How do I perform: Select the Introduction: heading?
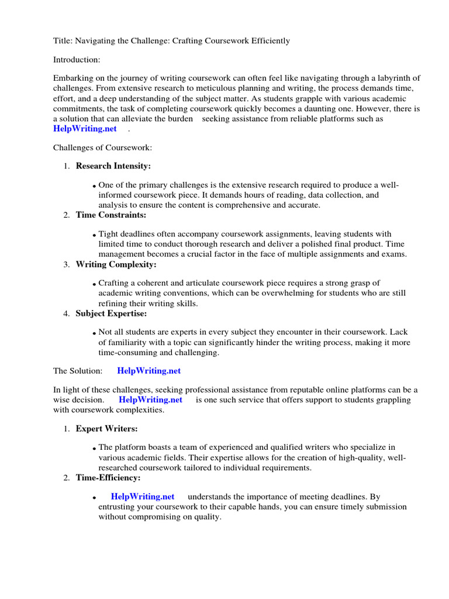[x=77, y=60]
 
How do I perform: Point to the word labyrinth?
[x=399, y=78]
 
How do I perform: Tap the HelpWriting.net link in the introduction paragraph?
[x=85, y=129]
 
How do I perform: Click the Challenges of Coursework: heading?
[x=102, y=147]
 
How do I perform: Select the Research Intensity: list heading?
[x=113, y=166]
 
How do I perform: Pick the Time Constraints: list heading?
[x=111, y=215]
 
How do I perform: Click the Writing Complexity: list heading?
[x=116, y=264]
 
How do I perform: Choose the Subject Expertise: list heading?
[x=111, y=314]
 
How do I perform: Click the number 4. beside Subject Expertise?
[x=67, y=314]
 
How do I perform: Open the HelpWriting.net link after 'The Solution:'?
[x=149, y=371]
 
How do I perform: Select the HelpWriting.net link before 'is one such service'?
[x=150, y=400]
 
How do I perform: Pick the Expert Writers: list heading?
[x=107, y=429]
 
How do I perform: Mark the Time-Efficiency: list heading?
[x=108, y=478]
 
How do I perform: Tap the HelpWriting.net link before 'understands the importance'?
[x=143, y=497]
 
